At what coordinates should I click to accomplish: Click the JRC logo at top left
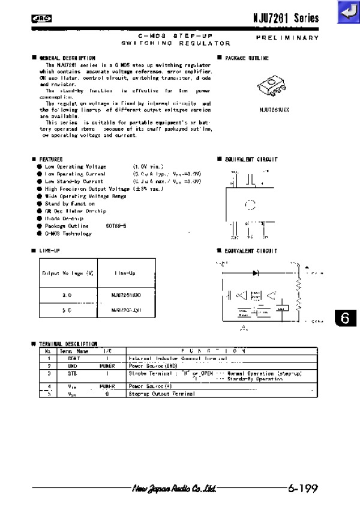coord(41,19)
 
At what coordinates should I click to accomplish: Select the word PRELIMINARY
coord(287,38)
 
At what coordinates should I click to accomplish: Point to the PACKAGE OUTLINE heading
coord(247,58)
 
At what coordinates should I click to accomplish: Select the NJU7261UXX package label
coord(274,110)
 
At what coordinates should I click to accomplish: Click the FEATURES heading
coord(51,159)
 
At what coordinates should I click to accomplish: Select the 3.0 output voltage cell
coord(67,295)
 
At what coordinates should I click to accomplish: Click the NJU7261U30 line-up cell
coord(125,295)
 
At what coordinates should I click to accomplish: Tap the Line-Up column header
coord(125,273)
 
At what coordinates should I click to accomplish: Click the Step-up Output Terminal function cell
coord(161,394)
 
